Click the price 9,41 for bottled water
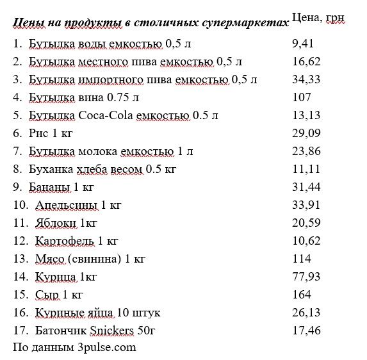(303, 44)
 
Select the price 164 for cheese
(301, 295)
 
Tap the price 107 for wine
(301, 97)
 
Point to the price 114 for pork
(301, 259)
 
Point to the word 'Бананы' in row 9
(49, 187)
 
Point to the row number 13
(20, 259)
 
